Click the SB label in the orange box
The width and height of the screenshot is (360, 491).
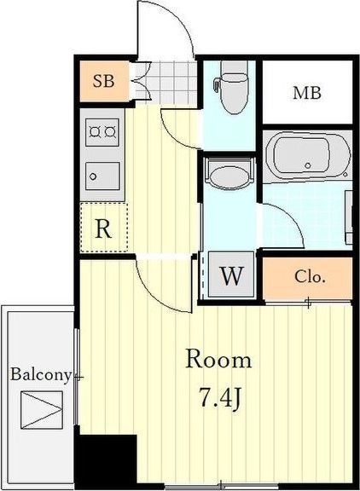coord(104,81)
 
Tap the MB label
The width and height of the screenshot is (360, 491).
coord(307,93)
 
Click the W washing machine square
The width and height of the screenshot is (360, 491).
coord(231,274)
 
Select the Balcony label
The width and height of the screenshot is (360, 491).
coord(41,374)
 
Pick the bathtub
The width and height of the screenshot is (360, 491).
coord(308,156)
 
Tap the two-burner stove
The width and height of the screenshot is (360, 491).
coord(102,132)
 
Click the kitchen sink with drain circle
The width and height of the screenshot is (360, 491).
coord(102,176)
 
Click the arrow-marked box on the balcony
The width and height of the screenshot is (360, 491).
coord(42,409)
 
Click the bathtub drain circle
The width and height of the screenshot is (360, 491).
coord(308,165)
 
